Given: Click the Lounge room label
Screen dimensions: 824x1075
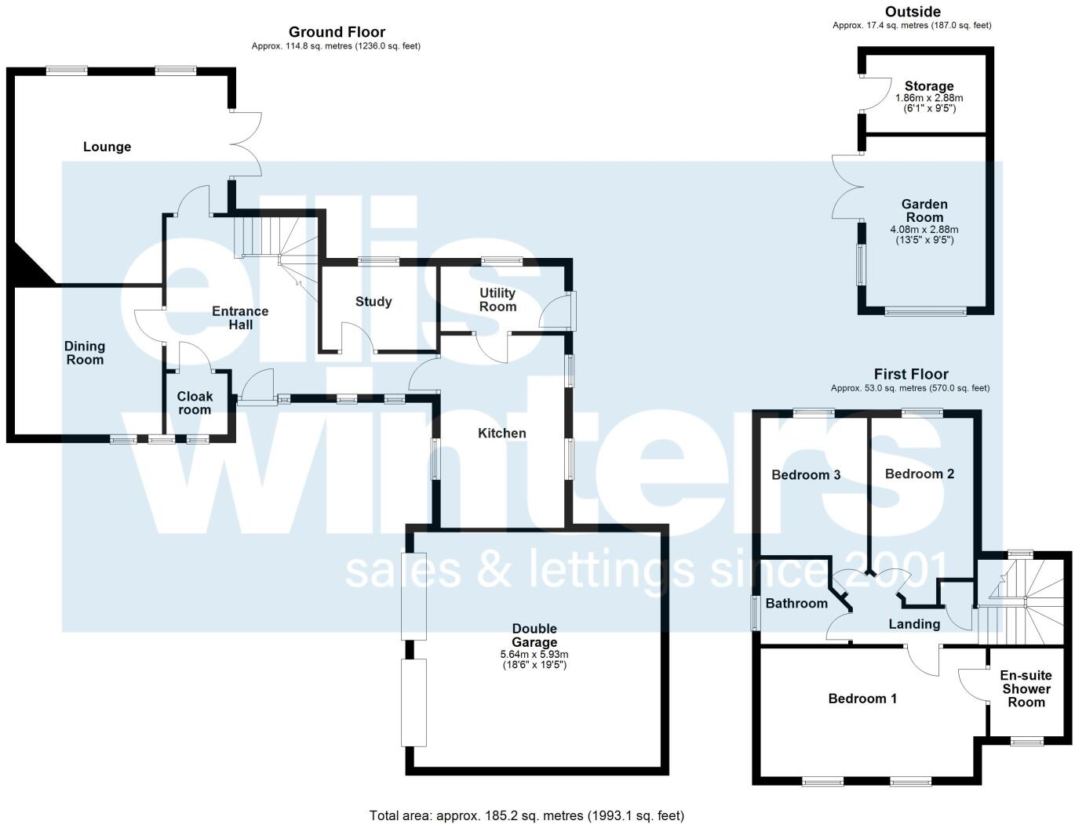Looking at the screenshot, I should point(107,147).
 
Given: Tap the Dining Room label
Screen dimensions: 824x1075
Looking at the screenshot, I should point(85,353).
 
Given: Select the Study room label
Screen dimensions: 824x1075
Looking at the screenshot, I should point(374,302).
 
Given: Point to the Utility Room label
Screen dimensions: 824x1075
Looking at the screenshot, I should point(497,299).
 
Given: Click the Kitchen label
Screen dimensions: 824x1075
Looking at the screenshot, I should point(502,434).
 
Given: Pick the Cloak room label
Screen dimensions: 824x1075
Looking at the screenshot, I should point(195,403).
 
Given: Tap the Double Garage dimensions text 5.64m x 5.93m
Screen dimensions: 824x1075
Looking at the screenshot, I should point(534,655).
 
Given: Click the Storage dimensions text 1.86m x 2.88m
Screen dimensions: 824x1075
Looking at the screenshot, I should point(929,98).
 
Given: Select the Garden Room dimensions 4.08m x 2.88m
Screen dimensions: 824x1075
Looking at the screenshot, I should point(924,230).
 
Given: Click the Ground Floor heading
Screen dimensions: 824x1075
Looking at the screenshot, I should point(337,32).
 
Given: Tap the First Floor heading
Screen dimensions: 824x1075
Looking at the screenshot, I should point(911,374).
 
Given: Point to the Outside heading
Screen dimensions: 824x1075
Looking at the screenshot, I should point(913,12).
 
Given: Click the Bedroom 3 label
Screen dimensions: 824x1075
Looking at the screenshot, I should point(806,475).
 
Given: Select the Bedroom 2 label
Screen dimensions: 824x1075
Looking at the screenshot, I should point(920,474).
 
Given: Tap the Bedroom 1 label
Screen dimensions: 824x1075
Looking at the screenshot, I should point(862,699).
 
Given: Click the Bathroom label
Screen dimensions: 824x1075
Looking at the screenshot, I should point(796,604).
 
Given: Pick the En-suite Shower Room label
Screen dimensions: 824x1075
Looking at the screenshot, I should point(1026,689).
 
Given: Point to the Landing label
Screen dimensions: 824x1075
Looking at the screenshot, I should point(914,624).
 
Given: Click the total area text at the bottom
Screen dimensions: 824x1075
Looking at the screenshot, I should point(527,815).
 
